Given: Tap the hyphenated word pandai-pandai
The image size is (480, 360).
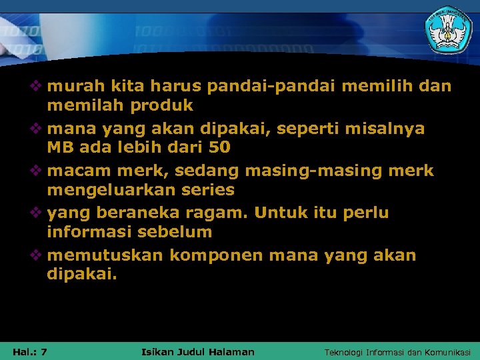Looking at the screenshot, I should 264,86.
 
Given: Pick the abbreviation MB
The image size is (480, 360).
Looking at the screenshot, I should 60,147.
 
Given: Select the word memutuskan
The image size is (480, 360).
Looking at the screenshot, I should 106,255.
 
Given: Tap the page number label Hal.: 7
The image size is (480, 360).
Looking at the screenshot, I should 29,351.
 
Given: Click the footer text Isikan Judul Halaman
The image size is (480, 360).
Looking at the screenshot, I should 198,351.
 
